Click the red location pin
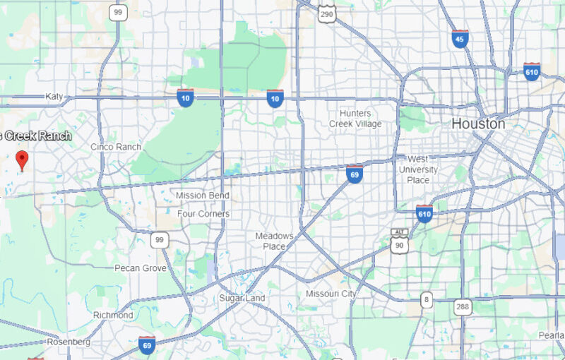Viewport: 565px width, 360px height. (22, 160)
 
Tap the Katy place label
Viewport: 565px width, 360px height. (54, 96)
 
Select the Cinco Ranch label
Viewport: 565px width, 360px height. (116, 147)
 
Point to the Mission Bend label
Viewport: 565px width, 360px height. (203, 196)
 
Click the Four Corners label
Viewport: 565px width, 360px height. (203, 213)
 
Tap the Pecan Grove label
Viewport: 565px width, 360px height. (141, 268)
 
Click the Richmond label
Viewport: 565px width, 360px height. (113, 315)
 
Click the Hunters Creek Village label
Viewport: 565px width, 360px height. (355, 119)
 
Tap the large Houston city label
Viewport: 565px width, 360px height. (478, 124)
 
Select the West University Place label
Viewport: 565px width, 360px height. (418, 169)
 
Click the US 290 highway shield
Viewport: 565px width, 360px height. (326, 13)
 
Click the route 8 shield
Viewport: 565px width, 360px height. (426, 300)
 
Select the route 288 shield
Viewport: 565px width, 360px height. (463, 306)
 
